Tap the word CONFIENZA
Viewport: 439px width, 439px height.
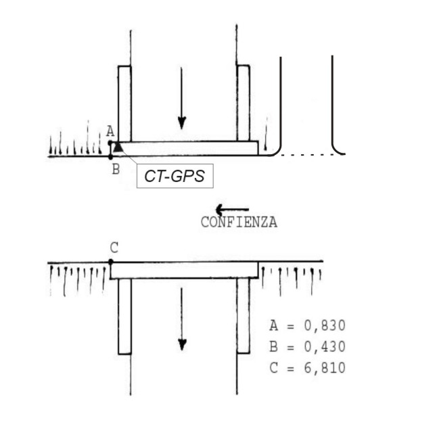pyautogui.click(x=239, y=223)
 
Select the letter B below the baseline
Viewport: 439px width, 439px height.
pyautogui.click(x=115, y=169)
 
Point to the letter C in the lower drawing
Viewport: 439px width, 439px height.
pyautogui.click(x=114, y=248)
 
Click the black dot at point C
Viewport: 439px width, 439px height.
pyautogui.click(x=111, y=261)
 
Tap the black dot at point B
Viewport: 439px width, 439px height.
pyautogui.click(x=111, y=157)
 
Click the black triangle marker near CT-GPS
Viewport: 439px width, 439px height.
pyautogui.click(x=118, y=146)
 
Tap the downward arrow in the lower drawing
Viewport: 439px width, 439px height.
pyautogui.click(x=181, y=319)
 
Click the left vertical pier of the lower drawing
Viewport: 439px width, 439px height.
pyautogui.click(x=124, y=315)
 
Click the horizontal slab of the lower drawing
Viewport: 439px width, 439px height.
pyautogui.click(x=184, y=270)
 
